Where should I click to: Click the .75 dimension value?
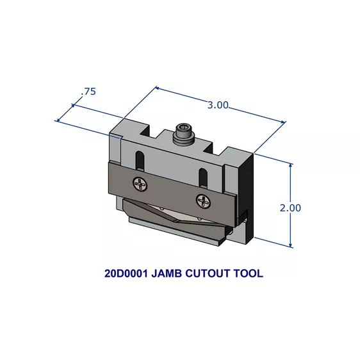coord(88,92)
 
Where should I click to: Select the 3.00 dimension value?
coord(218,105)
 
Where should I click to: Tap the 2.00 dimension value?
coord(290,208)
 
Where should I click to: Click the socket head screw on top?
coord(183,135)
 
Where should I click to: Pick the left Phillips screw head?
coord(140,184)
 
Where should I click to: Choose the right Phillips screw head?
coord(204,200)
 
